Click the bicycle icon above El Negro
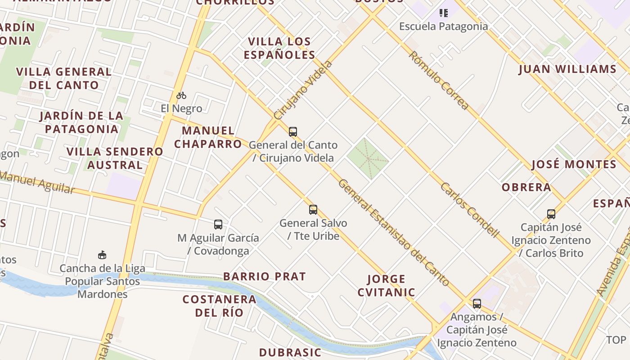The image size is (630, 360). [x=181, y=95]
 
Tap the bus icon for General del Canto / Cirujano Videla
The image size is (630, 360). [x=293, y=132]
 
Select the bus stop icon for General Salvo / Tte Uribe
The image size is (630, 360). [x=313, y=210]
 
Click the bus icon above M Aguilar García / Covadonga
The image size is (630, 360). [x=218, y=224]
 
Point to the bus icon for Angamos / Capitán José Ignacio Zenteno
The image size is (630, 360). [x=477, y=304]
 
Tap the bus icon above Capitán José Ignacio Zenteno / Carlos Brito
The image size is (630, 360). [x=551, y=214]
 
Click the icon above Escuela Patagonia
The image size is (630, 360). [x=444, y=13]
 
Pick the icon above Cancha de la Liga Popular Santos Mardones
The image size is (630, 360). [x=102, y=255]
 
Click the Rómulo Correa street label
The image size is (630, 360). [x=439, y=81]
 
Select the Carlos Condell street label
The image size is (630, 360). [x=470, y=210]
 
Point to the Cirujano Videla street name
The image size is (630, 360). [x=303, y=90]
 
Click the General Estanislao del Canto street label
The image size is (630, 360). [x=393, y=232]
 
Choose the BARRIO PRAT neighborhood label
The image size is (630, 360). [x=265, y=276]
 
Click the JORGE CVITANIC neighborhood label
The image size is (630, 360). [x=386, y=286]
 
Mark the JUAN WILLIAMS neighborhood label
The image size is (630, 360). [x=567, y=69]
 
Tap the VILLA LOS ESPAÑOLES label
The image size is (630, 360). [x=279, y=48]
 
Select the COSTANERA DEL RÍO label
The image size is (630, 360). [x=219, y=306]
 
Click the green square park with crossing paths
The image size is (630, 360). [x=368, y=158]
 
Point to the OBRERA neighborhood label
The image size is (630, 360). [x=526, y=187]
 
